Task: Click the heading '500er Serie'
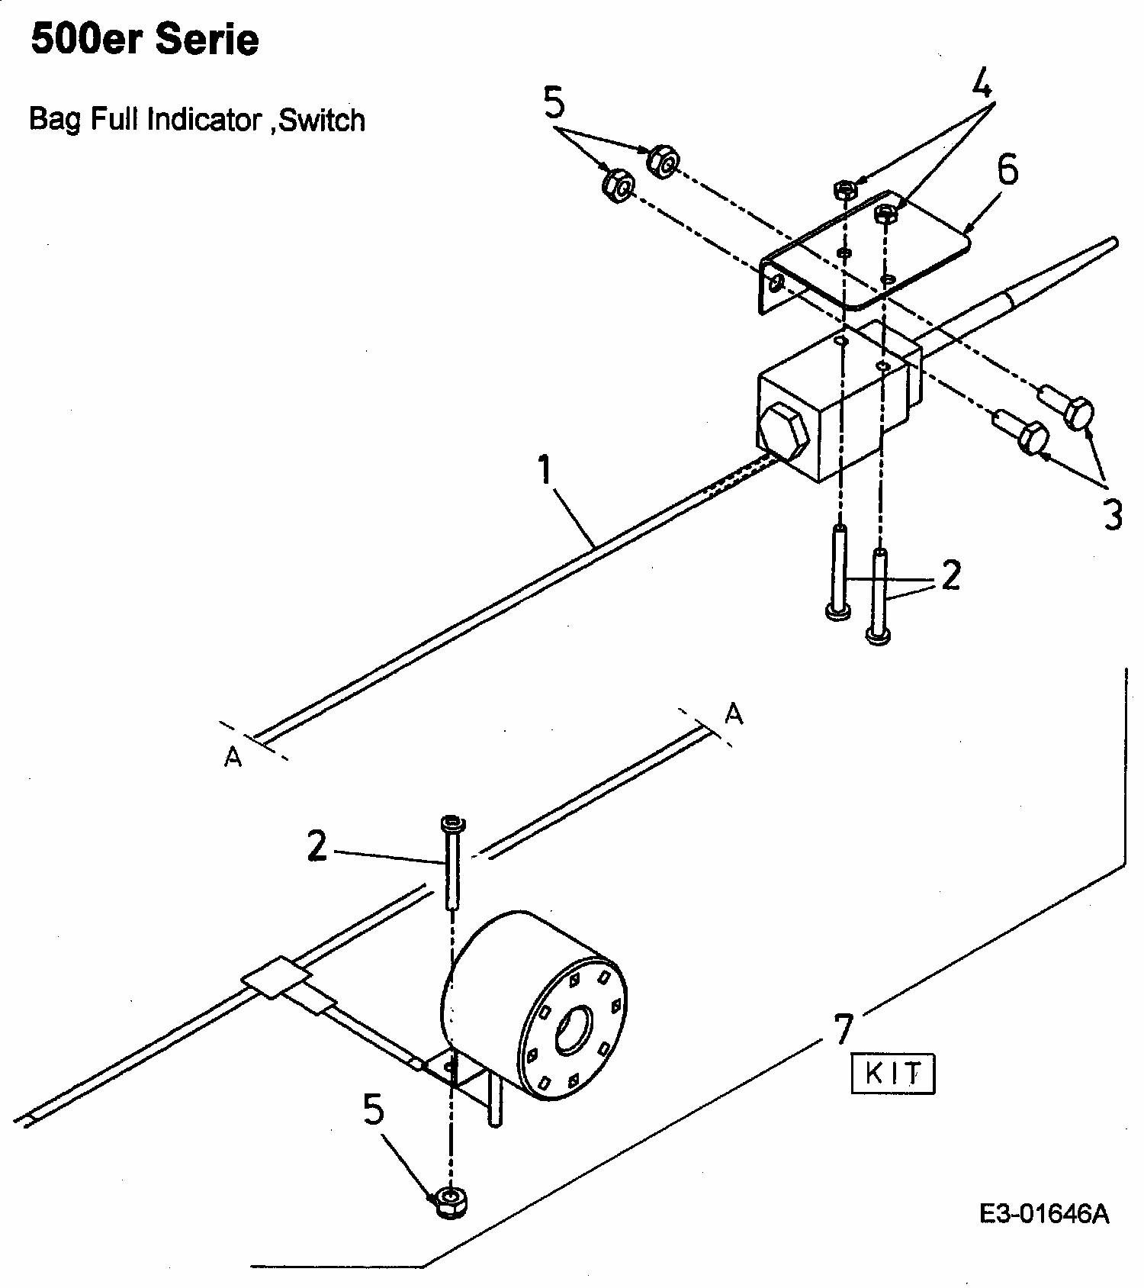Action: point(144,40)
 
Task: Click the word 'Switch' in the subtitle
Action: point(322,120)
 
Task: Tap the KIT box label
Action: point(892,1074)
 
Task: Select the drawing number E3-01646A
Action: point(1044,1215)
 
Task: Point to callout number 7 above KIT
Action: point(842,1030)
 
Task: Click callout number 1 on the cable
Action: point(544,470)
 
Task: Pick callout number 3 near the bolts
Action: point(1113,515)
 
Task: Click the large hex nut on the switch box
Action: point(784,433)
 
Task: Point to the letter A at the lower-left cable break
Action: point(233,757)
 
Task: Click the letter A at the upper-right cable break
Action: point(733,714)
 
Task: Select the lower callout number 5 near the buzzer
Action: point(373,1110)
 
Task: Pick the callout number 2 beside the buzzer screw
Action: point(317,845)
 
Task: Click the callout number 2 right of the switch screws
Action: point(950,575)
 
